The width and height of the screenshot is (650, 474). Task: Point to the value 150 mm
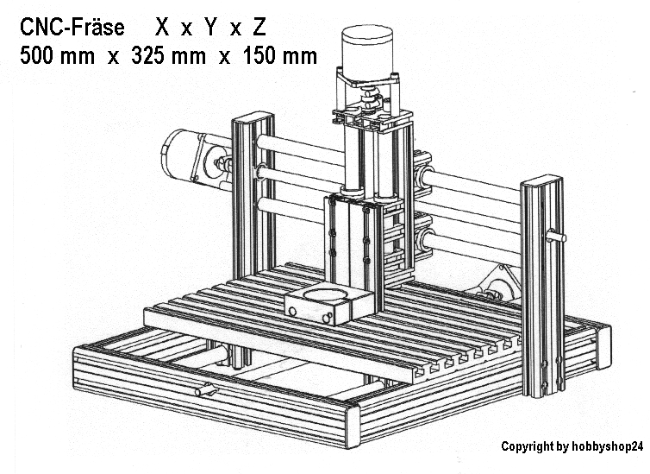tap(280, 57)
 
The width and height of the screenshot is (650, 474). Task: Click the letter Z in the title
tap(259, 28)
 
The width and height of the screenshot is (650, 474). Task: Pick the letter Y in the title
tap(210, 28)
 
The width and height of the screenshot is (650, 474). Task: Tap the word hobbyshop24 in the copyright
tap(607, 446)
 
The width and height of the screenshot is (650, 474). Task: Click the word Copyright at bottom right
tap(527, 446)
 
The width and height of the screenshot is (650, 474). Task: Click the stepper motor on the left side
tap(185, 155)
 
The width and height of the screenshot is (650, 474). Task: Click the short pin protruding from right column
tap(557, 234)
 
